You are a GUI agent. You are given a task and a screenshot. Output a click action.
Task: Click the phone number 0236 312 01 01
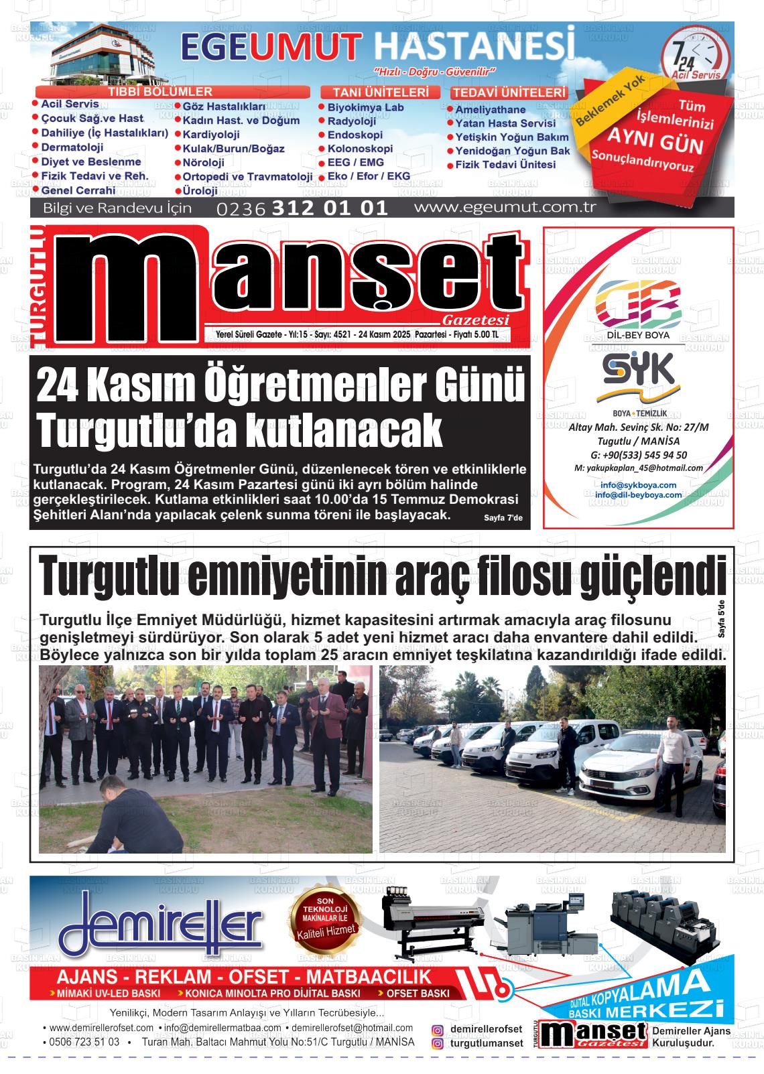[x=302, y=208]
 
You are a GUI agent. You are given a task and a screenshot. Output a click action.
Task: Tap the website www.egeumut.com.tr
[x=505, y=207]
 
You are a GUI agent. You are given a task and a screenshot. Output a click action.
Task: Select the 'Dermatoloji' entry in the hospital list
[x=72, y=147]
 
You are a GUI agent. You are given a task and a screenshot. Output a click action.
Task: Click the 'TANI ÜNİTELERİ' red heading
[x=380, y=92]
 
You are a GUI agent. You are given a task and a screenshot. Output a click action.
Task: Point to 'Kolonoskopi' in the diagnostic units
[x=360, y=149]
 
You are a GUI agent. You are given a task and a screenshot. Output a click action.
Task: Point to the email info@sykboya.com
[x=638, y=484]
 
